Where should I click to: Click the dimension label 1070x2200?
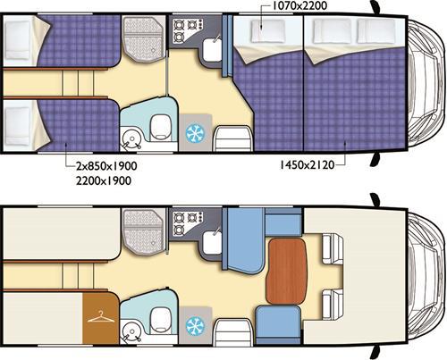tap(300, 5)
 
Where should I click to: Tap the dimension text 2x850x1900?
tap(106, 166)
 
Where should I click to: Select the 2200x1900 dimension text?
tap(104, 180)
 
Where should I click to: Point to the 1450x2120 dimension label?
tap(307, 164)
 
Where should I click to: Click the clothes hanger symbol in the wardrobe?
tap(101, 318)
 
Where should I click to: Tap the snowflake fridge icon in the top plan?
tap(195, 132)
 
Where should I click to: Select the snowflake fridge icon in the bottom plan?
tap(195, 326)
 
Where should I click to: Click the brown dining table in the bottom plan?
tap(286, 271)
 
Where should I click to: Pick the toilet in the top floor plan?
tap(161, 127)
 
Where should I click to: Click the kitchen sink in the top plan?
tap(213, 49)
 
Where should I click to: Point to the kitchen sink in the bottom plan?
tap(213, 242)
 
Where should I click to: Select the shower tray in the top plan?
tap(143, 39)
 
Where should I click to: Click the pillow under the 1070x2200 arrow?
tap(267, 31)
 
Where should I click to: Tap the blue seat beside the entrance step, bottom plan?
tap(278, 326)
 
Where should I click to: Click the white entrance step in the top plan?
tap(233, 138)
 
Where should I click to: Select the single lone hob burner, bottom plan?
tap(179, 230)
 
